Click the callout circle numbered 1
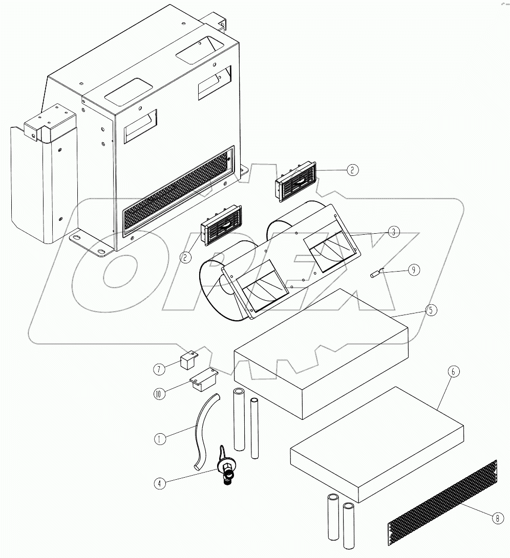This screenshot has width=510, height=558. coord(160,439)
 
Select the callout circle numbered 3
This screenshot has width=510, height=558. coord(392,232)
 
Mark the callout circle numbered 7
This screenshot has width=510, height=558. coord(159,368)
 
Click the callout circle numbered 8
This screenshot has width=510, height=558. coord(496,518)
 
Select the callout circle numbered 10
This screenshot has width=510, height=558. coord(159,393)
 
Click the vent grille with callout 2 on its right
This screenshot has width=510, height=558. coord(297,183)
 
